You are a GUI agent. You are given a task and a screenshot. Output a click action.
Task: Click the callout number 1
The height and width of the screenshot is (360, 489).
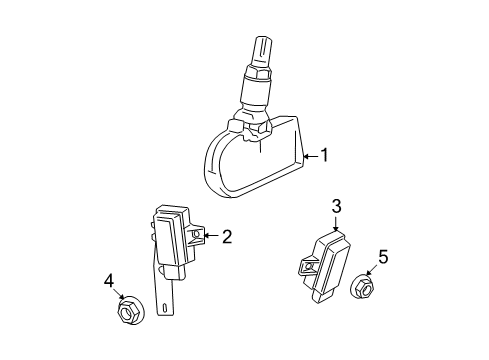point(325,156)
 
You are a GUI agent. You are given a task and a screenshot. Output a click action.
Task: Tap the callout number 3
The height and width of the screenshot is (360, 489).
point(337,207)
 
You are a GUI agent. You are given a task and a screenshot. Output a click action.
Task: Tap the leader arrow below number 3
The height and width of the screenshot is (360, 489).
point(337,224)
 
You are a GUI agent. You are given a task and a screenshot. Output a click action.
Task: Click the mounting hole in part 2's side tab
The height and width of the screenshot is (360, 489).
point(197,238)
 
